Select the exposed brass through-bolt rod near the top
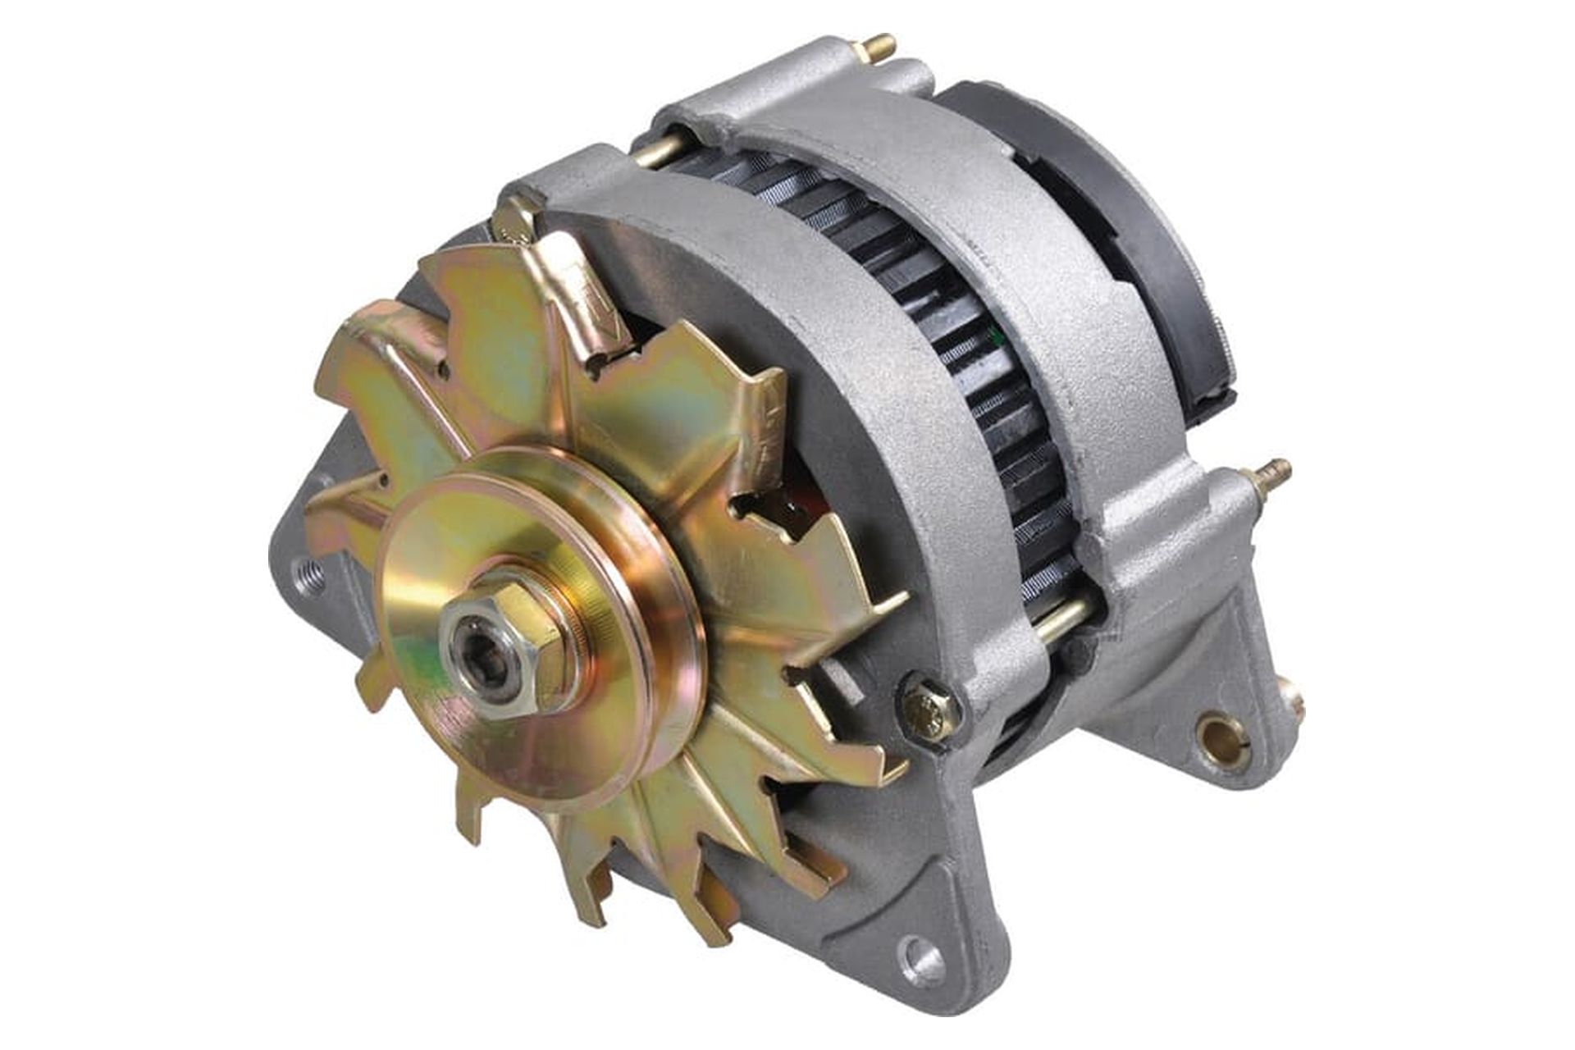[x=657, y=153]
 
